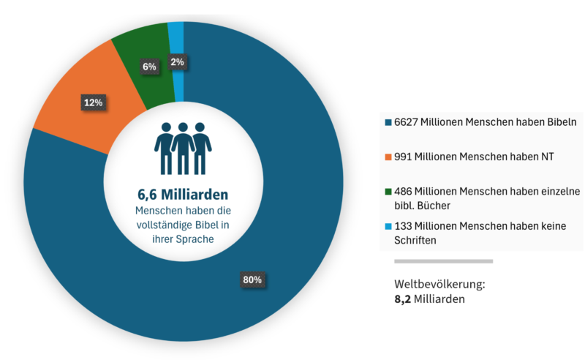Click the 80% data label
tap(252, 280)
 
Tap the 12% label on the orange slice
tap(94, 102)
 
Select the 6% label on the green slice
tap(149, 67)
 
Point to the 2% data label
tap(177, 62)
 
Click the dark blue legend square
tap(388, 122)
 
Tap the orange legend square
tap(388, 157)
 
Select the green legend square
tap(388, 192)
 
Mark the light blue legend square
tap(388, 226)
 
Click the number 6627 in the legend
tap(406, 122)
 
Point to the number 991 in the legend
tap(403, 157)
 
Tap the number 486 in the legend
tap(403, 191)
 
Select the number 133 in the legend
tap(403, 226)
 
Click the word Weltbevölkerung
tap(439, 284)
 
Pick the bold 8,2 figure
tap(403, 299)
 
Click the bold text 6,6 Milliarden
tap(183, 195)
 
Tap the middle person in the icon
tap(183, 149)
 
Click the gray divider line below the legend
tap(444, 261)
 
